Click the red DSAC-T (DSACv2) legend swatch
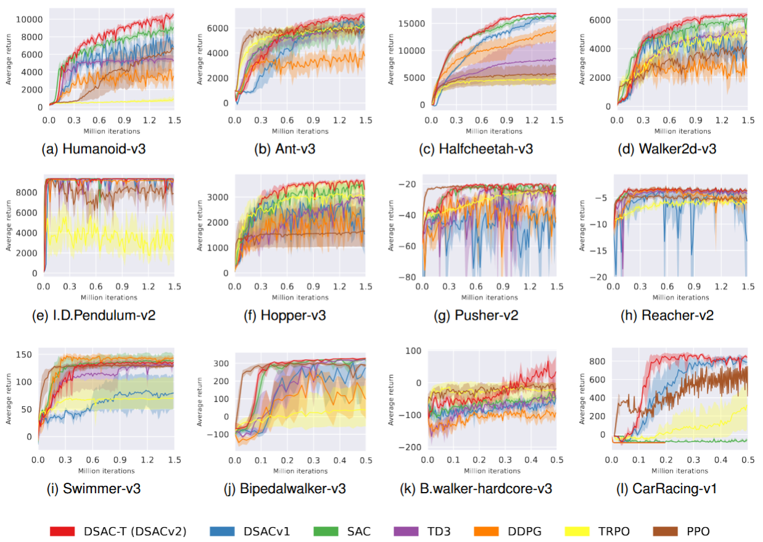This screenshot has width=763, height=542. click(62, 531)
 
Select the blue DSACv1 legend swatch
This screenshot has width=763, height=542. click(221, 531)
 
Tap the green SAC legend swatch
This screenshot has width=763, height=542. click(326, 531)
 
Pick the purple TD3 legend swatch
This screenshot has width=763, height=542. click(405, 531)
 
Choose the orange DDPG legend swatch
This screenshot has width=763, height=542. click(485, 531)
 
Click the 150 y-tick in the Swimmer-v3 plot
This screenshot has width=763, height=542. click(25, 355)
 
